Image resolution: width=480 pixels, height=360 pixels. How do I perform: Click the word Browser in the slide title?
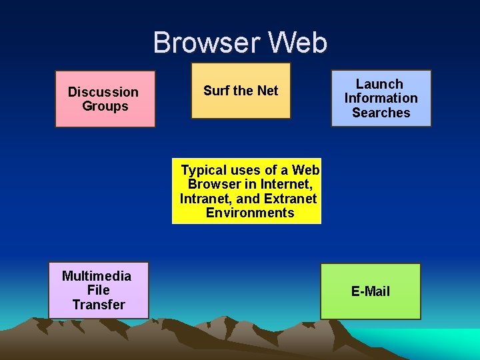coord(207,43)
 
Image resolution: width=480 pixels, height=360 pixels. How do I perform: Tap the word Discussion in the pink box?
coord(103,92)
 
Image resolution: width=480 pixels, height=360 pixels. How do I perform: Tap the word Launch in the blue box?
coord(379,84)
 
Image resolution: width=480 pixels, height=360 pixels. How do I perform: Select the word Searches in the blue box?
coord(381,113)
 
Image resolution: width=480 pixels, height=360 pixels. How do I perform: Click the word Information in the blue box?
coord(381,98)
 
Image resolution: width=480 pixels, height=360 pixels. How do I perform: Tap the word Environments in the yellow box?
coord(250,213)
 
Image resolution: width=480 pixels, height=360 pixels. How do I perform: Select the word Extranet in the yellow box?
coord(290,199)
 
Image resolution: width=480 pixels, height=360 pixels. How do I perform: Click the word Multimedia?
coord(97,276)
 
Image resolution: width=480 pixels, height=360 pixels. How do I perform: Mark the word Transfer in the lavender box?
coord(99,305)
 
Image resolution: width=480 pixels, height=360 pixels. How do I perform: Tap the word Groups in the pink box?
coord(105,106)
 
